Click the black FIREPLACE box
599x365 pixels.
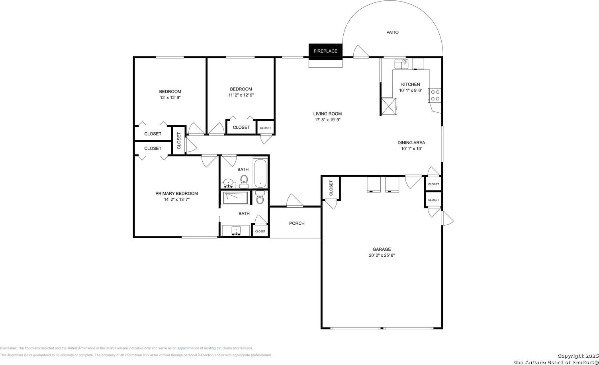tap(325, 51)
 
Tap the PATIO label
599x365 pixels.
tap(392, 32)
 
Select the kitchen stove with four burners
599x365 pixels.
tap(435, 95)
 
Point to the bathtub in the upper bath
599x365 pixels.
tap(260, 174)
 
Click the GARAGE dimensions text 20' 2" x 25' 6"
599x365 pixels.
tap(382, 255)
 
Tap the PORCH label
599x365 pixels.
tap(297, 223)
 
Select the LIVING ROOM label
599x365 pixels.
tap(327, 114)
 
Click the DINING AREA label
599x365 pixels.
tap(411, 143)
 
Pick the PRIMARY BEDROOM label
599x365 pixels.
tap(177, 194)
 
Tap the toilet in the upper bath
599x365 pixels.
tap(244, 182)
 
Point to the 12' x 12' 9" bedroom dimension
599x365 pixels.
tap(170, 98)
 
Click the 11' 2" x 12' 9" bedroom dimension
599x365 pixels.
tap(241, 95)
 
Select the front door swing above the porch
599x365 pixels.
tap(294, 200)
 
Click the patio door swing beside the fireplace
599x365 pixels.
tap(361, 51)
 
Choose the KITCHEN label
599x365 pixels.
tap(411, 84)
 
